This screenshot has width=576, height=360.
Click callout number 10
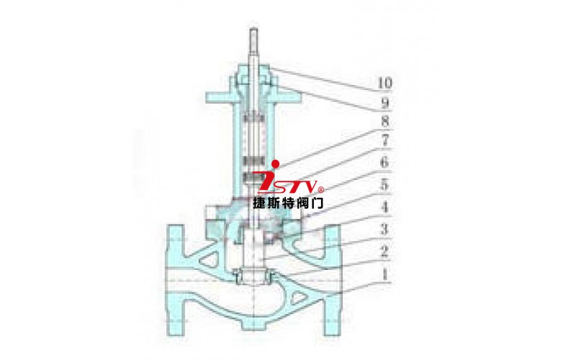384,83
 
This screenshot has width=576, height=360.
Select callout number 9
384,103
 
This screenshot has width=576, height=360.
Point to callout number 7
384,140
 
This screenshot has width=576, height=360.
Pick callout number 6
384,162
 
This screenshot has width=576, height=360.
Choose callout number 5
384,185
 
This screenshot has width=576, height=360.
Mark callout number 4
384,207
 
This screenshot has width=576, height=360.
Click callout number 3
384,230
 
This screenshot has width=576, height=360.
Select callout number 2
384,252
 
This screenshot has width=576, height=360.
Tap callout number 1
384,274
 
